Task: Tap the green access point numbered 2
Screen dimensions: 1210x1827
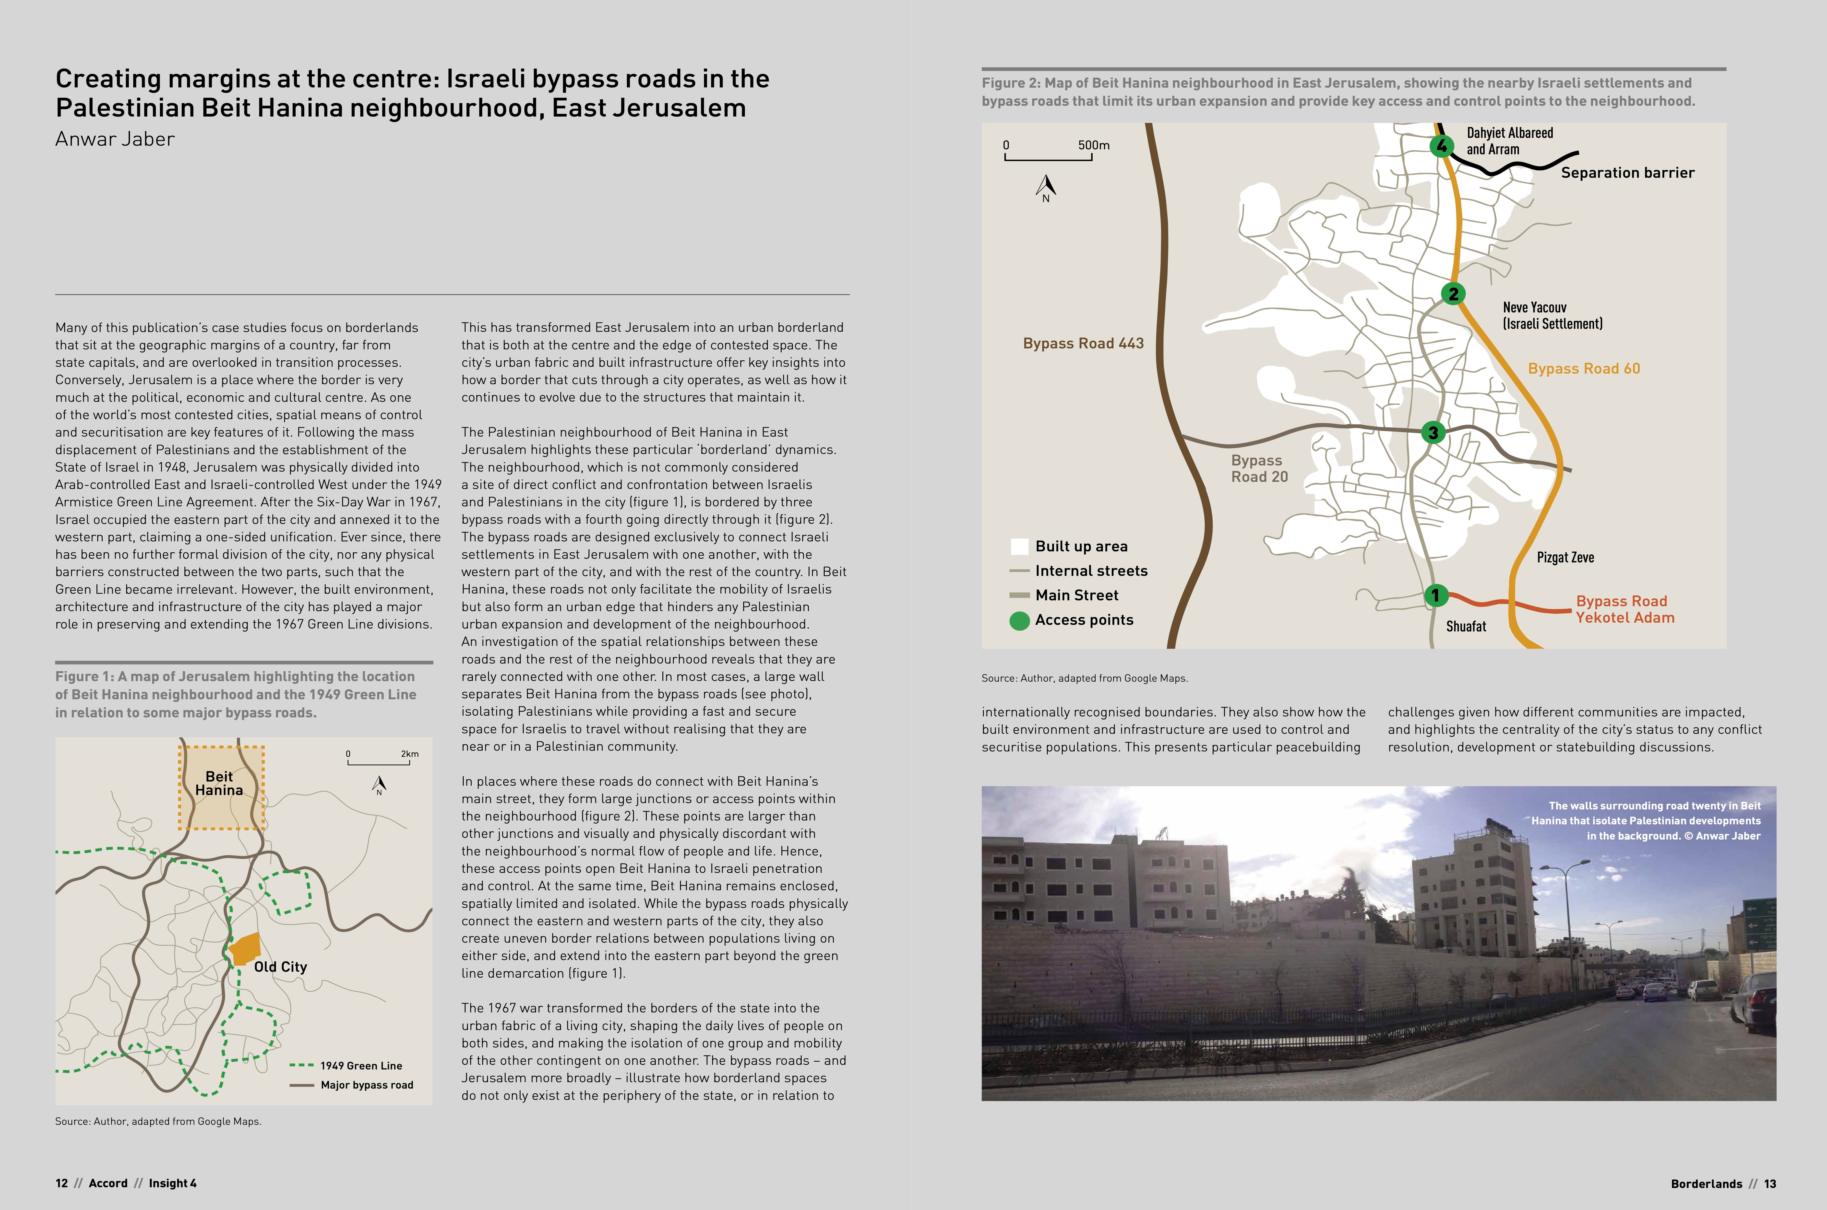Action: click(1453, 293)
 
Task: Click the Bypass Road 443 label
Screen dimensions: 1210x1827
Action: click(1083, 344)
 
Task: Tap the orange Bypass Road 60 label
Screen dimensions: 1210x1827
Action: click(1584, 369)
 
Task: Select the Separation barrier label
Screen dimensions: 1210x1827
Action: click(1627, 173)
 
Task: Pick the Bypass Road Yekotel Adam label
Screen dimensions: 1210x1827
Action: click(1625, 609)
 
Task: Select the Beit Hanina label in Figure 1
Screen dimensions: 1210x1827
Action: click(219, 783)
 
